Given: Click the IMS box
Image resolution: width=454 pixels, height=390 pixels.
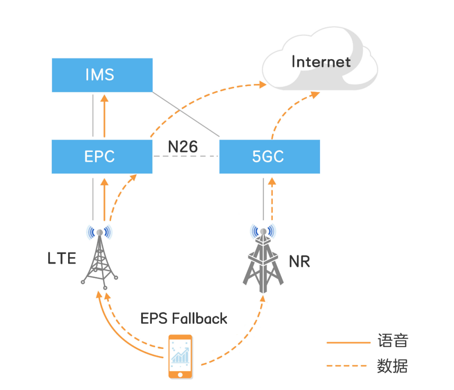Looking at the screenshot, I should (x=102, y=75).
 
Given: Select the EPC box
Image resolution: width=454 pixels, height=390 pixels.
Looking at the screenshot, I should (x=102, y=157).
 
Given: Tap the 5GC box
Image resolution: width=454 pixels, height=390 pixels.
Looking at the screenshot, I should (x=269, y=157).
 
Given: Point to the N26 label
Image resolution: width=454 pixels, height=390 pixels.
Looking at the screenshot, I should (x=183, y=147).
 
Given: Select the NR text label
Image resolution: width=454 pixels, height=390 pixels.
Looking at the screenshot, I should (x=299, y=262).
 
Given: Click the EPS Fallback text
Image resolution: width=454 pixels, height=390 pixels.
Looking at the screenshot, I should (x=184, y=319).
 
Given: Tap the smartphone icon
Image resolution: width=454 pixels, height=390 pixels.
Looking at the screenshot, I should (x=180, y=356).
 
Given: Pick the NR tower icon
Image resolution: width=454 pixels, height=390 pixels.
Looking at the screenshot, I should (x=263, y=260).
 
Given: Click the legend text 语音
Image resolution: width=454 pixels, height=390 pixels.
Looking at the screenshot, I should (x=392, y=341).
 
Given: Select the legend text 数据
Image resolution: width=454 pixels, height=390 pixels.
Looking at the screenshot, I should (x=392, y=366).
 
